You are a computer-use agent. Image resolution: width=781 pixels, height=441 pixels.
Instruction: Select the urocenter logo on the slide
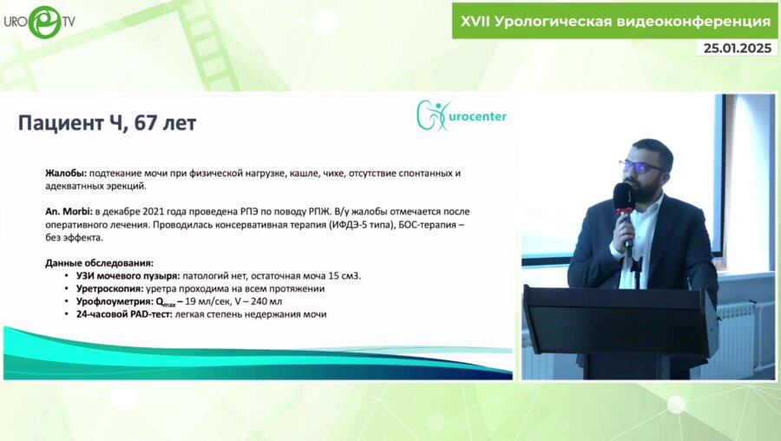click(x=461, y=116)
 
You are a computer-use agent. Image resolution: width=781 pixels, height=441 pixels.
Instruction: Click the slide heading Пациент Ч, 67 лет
click(x=107, y=123)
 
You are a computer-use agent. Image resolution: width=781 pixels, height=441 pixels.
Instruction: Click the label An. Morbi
click(x=68, y=211)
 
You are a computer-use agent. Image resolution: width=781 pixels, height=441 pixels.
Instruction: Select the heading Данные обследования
click(x=99, y=262)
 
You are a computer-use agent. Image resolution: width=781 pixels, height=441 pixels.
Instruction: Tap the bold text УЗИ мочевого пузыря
click(x=114, y=276)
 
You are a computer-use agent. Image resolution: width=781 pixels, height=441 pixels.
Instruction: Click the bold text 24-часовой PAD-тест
click(x=123, y=314)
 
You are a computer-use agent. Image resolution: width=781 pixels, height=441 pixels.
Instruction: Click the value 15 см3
click(x=341, y=276)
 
